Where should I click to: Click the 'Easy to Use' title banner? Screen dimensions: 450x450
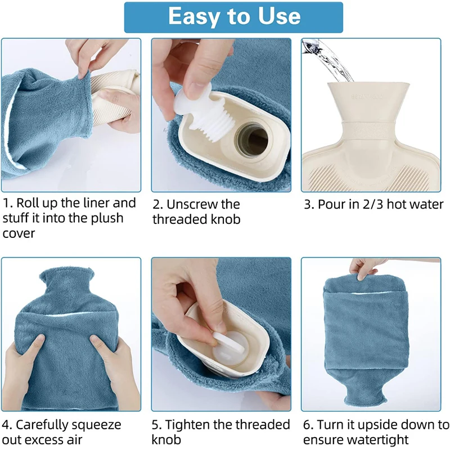pos(233,17)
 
